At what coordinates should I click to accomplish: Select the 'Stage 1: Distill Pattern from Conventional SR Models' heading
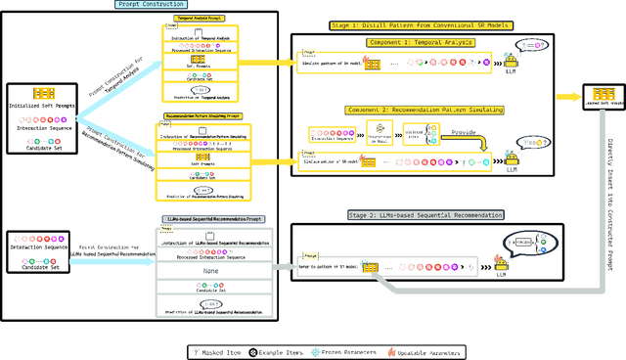423,27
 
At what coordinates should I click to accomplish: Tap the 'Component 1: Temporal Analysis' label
423,42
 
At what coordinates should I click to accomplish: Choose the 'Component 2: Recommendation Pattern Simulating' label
423,111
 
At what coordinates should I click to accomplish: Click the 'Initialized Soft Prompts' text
44,105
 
